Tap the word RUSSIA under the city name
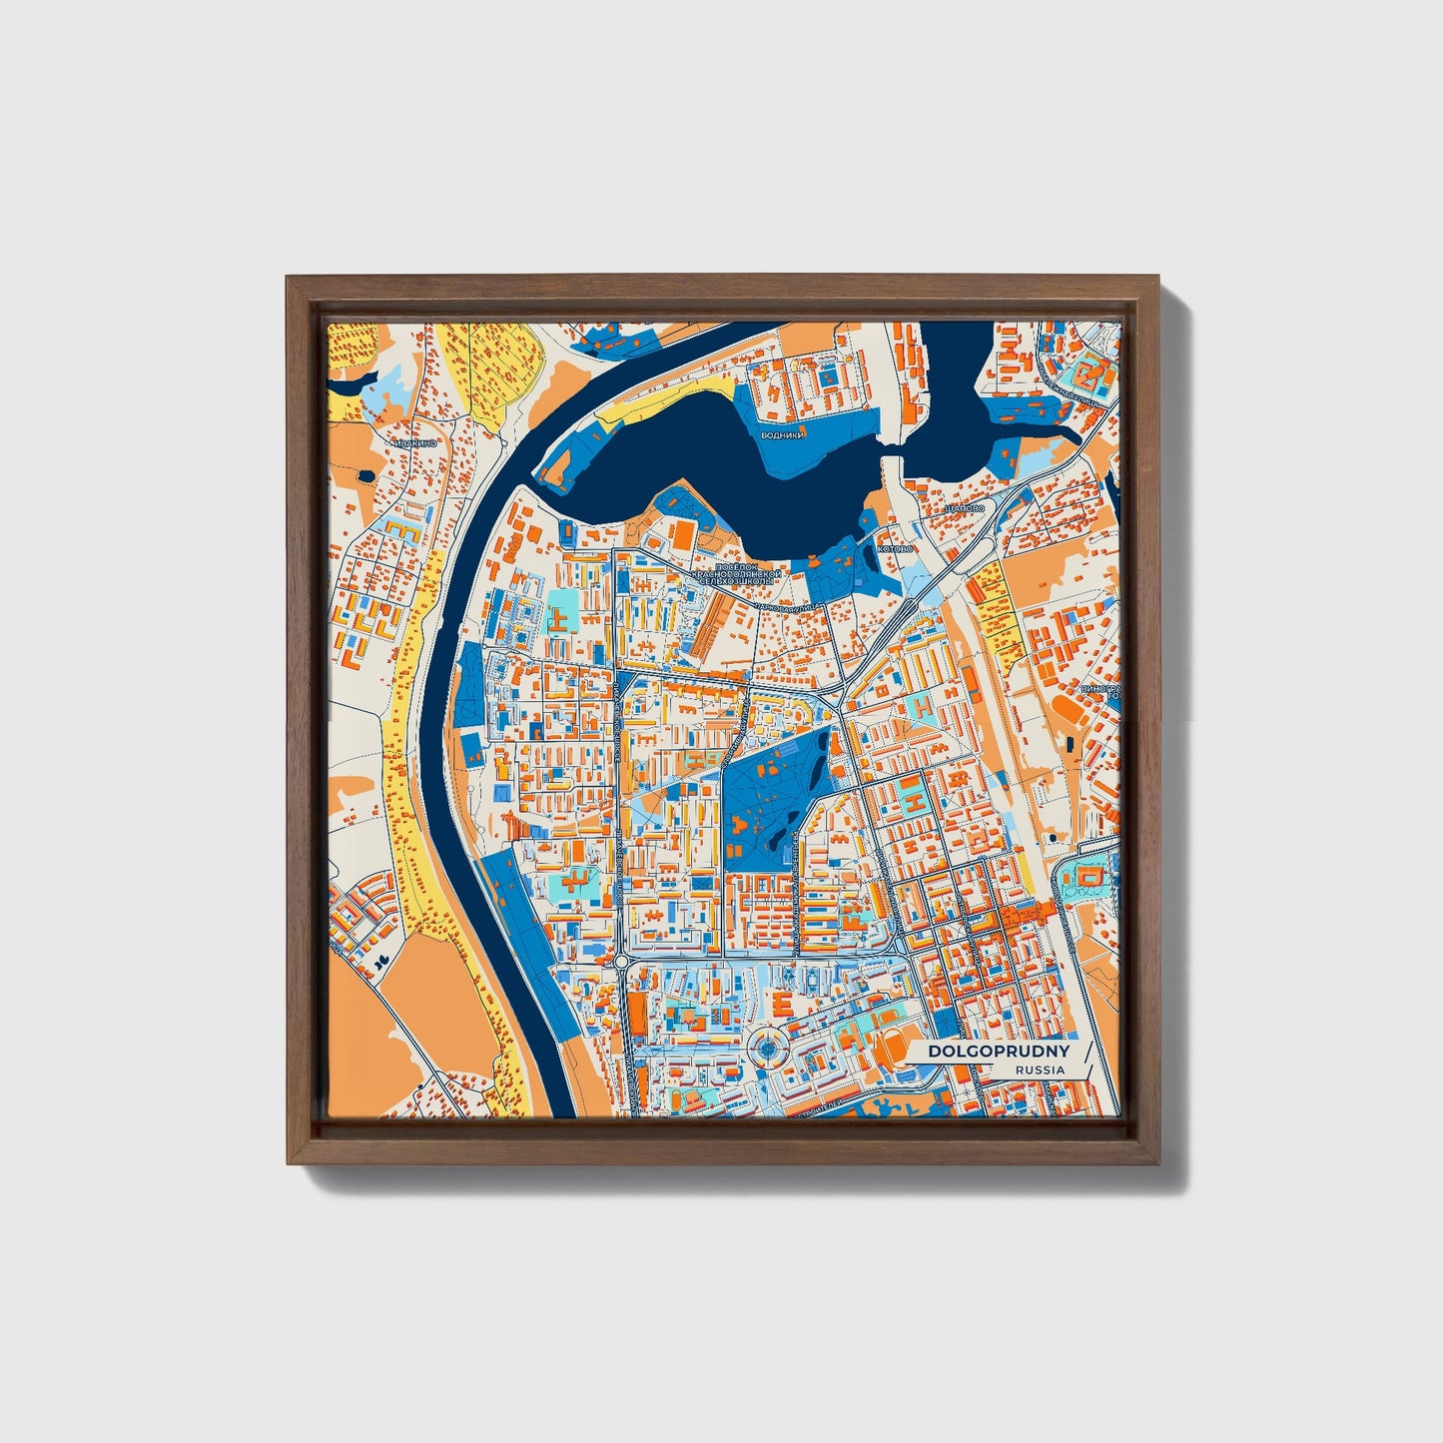1040,1070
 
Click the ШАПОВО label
964,508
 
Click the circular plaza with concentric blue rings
767,1049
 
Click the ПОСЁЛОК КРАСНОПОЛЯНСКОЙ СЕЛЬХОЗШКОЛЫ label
741,576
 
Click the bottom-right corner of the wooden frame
1160,1164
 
